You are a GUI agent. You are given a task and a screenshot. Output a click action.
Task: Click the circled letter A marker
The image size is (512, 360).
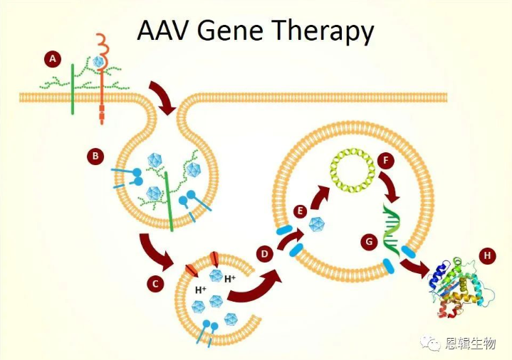pos(51,59)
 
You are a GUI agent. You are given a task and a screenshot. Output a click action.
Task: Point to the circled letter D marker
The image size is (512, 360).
pos(265,253)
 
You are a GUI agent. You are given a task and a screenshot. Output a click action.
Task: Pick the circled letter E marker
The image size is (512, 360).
pos(301,211)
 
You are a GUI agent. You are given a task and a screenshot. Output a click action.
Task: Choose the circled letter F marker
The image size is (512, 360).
pos(386,160)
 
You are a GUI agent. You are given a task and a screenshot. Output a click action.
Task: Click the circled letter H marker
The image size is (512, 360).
pos(488,254)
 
